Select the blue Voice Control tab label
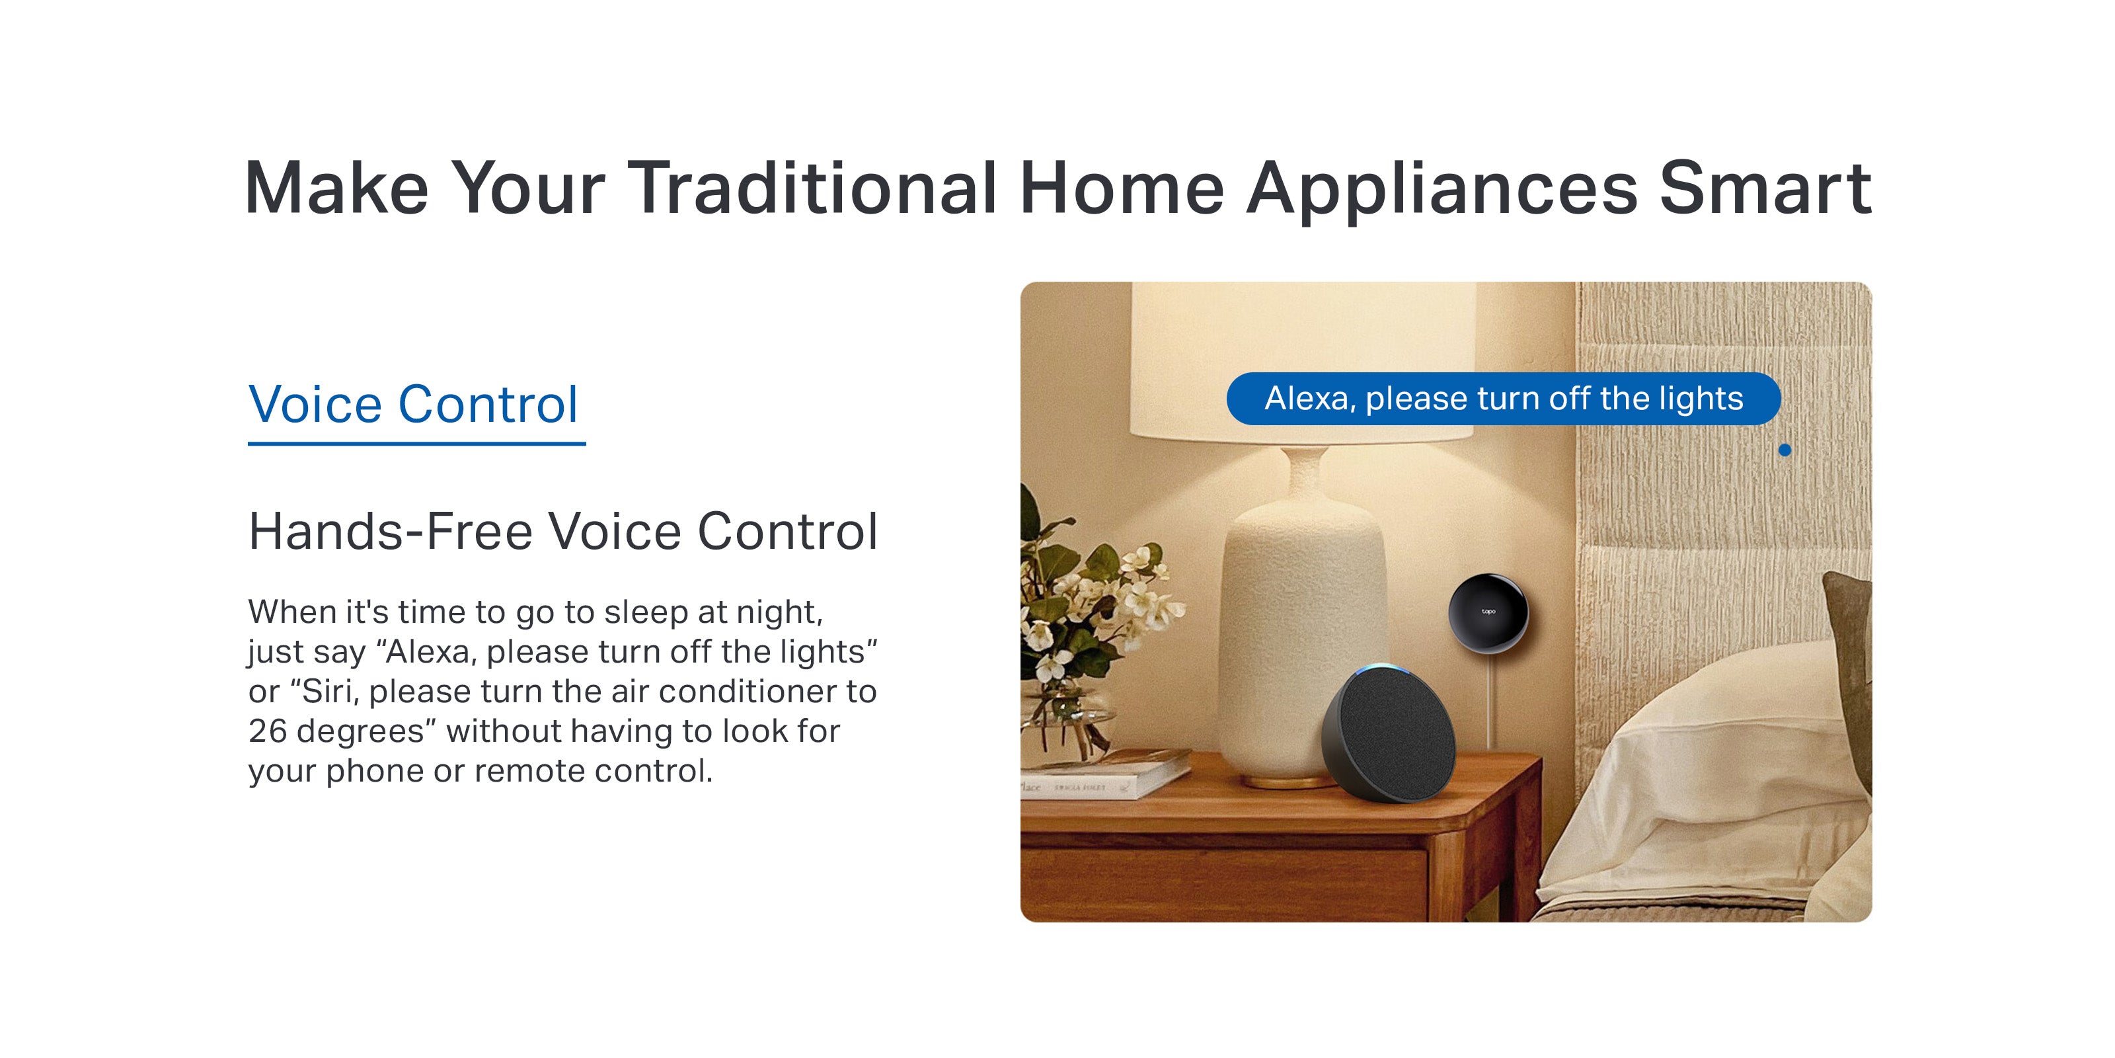[x=414, y=404]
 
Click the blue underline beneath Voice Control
[x=417, y=444]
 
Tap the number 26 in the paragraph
[x=268, y=731]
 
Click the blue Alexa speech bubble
[x=1504, y=398]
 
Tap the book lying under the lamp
[x=1104, y=776]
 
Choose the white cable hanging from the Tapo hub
[x=1489, y=702]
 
